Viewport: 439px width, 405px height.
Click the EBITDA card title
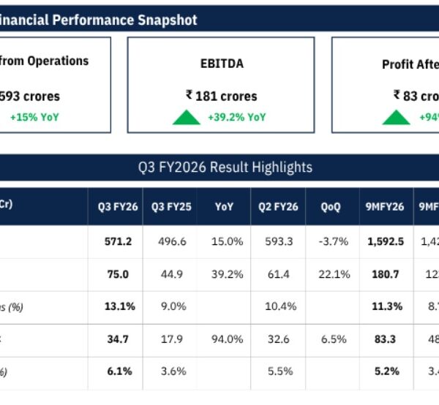[221, 64]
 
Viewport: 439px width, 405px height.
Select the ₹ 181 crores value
[221, 95]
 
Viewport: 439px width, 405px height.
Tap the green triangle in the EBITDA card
[187, 117]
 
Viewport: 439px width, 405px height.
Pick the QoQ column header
[330, 207]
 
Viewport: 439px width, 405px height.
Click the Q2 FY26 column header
[277, 207]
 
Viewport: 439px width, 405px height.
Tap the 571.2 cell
[115, 242]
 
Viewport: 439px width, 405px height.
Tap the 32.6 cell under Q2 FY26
[277, 338]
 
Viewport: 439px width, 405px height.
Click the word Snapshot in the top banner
[168, 20]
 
